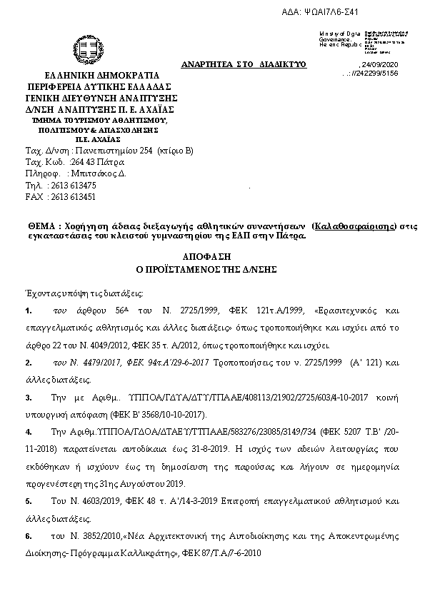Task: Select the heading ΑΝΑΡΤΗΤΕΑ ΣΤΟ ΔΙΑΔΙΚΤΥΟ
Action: [x=244, y=65]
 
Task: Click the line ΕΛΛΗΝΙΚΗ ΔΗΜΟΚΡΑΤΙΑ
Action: [x=92, y=76]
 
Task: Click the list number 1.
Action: [x=27, y=311]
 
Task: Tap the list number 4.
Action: [x=27, y=432]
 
